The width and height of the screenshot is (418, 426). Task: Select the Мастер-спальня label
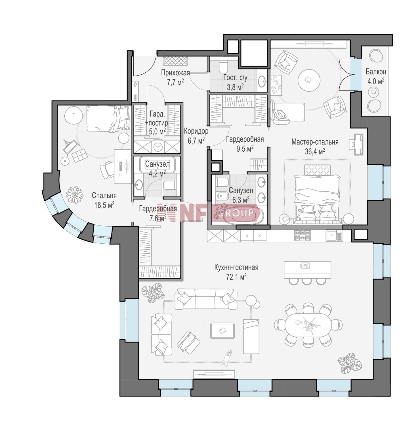pyautogui.click(x=315, y=142)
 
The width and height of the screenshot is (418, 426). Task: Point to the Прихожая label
pyautogui.click(x=175, y=73)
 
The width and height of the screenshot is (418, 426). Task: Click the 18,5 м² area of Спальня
pyautogui.click(x=104, y=205)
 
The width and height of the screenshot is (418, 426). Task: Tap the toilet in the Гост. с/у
pyautogui.click(x=224, y=67)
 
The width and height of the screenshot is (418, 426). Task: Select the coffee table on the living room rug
pyautogui.click(x=222, y=331)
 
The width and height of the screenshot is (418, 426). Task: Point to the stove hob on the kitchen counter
pyautogui.click(x=303, y=235)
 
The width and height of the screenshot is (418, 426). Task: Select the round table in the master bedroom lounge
pyautogui.click(x=309, y=80)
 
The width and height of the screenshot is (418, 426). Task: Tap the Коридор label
pyautogui.click(x=196, y=131)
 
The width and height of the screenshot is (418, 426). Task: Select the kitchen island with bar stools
pyautogui.click(x=308, y=273)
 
